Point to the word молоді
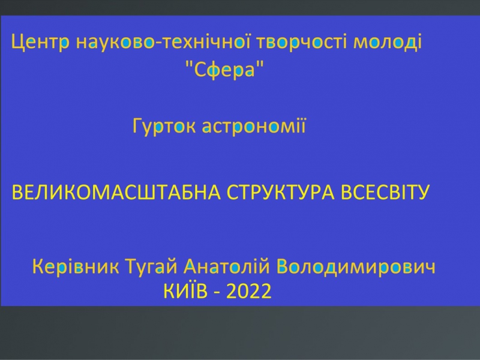click(x=387, y=41)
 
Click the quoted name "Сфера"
click(x=225, y=69)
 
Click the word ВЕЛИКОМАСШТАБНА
click(x=116, y=192)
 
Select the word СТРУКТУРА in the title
click(x=281, y=192)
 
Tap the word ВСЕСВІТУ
click(x=385, y=192)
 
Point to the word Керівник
click(x=76, y=266)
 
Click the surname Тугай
click(x=152, y=266)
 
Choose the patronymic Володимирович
click(x=356, y=266)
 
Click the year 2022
click(x=249, y=291)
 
